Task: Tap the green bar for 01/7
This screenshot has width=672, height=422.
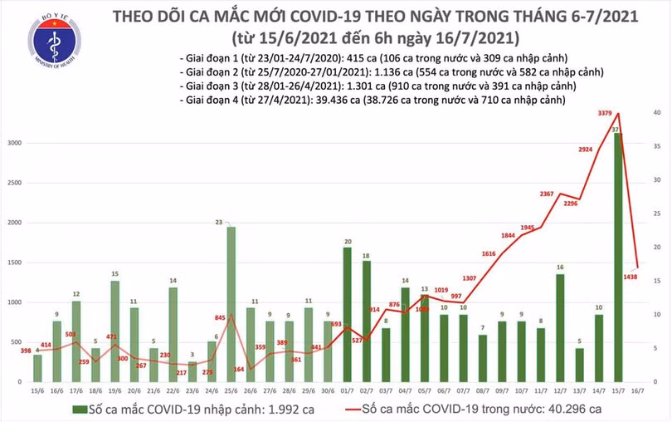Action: (347, 315)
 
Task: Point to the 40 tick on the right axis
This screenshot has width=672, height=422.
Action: (656, 112)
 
